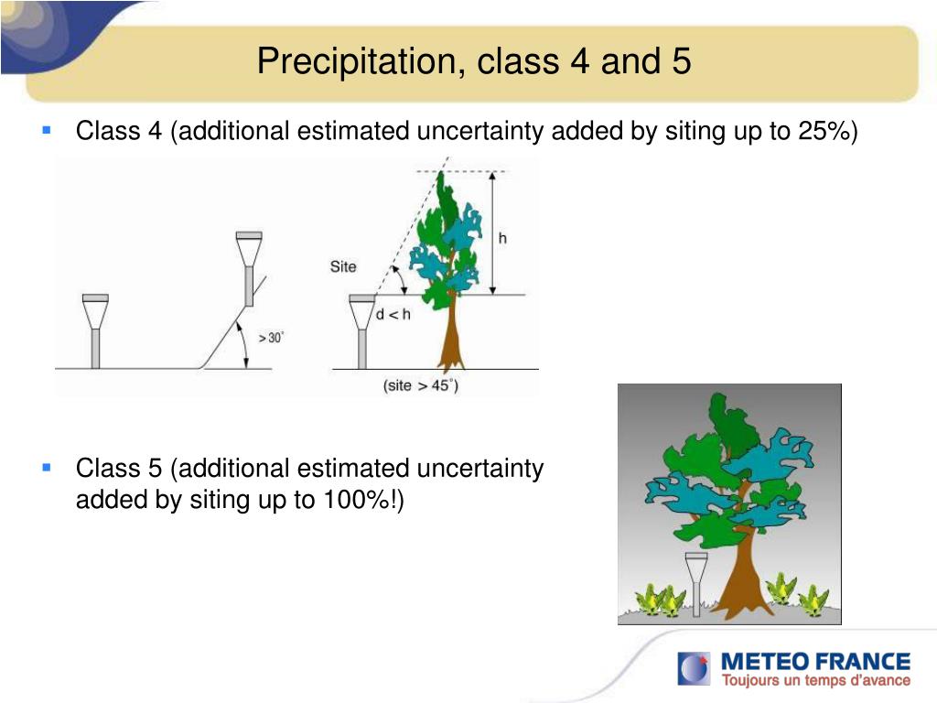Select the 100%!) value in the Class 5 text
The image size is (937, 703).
[363, 499]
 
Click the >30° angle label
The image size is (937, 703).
[271, 338]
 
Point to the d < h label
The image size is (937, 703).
[393, 314]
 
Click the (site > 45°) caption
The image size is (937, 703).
[421, 385]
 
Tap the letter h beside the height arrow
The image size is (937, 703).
[502, 239]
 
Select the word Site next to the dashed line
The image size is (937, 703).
[343, 266]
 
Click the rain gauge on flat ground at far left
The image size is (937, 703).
[95, 331]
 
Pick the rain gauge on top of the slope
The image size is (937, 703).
[249, 268]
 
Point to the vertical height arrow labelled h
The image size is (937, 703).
[492, 233]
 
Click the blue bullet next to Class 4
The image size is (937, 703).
[47, 130]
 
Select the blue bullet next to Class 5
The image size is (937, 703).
[47, 468]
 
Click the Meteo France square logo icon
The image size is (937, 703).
[694, 669]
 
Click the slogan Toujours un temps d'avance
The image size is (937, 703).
[815, 680]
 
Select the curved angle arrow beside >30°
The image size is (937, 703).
[244, 344]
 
